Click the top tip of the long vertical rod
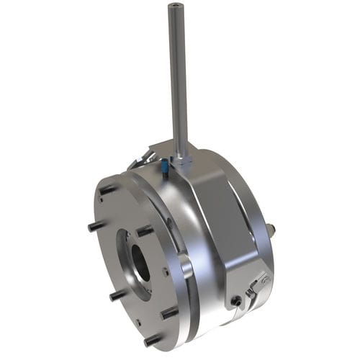(x=174, y=6)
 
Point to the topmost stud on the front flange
(x=106, y=189)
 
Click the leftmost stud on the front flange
(x=95, y=227)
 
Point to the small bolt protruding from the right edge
(x=271, y=230)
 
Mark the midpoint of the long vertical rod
(x=178, y=79)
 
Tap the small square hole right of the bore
(x=165, y=271)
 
